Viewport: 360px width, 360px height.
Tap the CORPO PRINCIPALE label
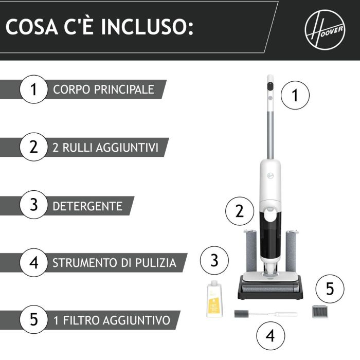tap(103, 89)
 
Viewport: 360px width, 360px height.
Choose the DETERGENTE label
tap(87, 206)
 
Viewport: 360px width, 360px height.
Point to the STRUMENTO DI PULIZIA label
tap(114, 263)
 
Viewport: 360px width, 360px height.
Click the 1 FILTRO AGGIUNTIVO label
tap(112, 320)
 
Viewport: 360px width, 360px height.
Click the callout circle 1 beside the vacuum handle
tap(295, 95)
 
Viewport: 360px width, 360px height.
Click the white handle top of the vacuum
tap(270, 87)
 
